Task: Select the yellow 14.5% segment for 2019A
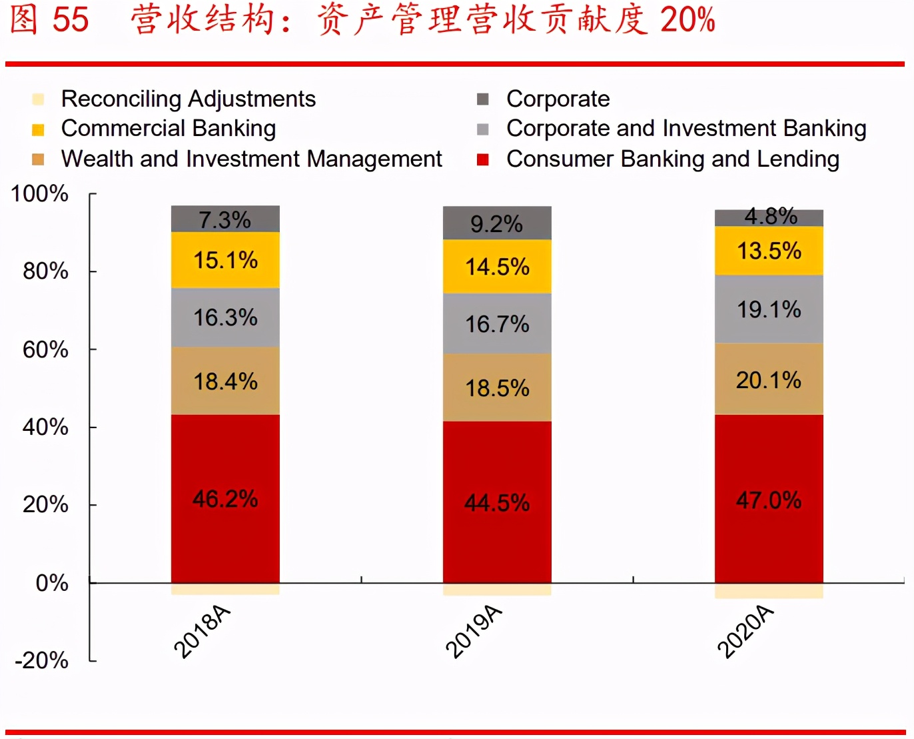[x=497, y=267]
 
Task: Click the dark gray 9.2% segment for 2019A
[x=497, y=223]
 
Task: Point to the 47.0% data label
[x=769, y=500]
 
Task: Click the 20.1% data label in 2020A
[x=769, y=380]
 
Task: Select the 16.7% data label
[x=497, y=324]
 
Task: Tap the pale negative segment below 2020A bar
[x=769, y=591]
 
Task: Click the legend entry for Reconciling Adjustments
[x=188, y=99]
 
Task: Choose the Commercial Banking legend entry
[x=168, y=128]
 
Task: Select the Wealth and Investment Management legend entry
[x=251, y=159]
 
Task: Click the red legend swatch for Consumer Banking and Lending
[x=483, y=159]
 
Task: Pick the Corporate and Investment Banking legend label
[x=686, y=128]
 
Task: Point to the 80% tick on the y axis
[x=45, y=271]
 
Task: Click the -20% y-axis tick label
[x=41, y=660]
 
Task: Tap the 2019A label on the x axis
[x=474, y=632]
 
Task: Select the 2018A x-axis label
[x=202, y=632]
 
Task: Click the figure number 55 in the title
[x=71, y=19]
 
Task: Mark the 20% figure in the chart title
[x=687, y=19]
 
